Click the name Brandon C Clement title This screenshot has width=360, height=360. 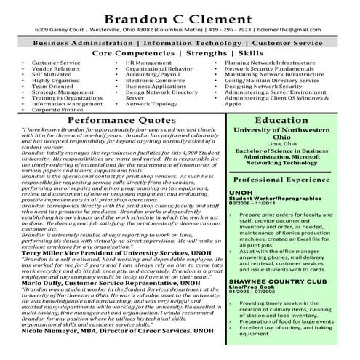(x=180, y=17)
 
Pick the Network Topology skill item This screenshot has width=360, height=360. (x=151, y=104)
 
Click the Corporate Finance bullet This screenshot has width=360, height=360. (x=57, y=110)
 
